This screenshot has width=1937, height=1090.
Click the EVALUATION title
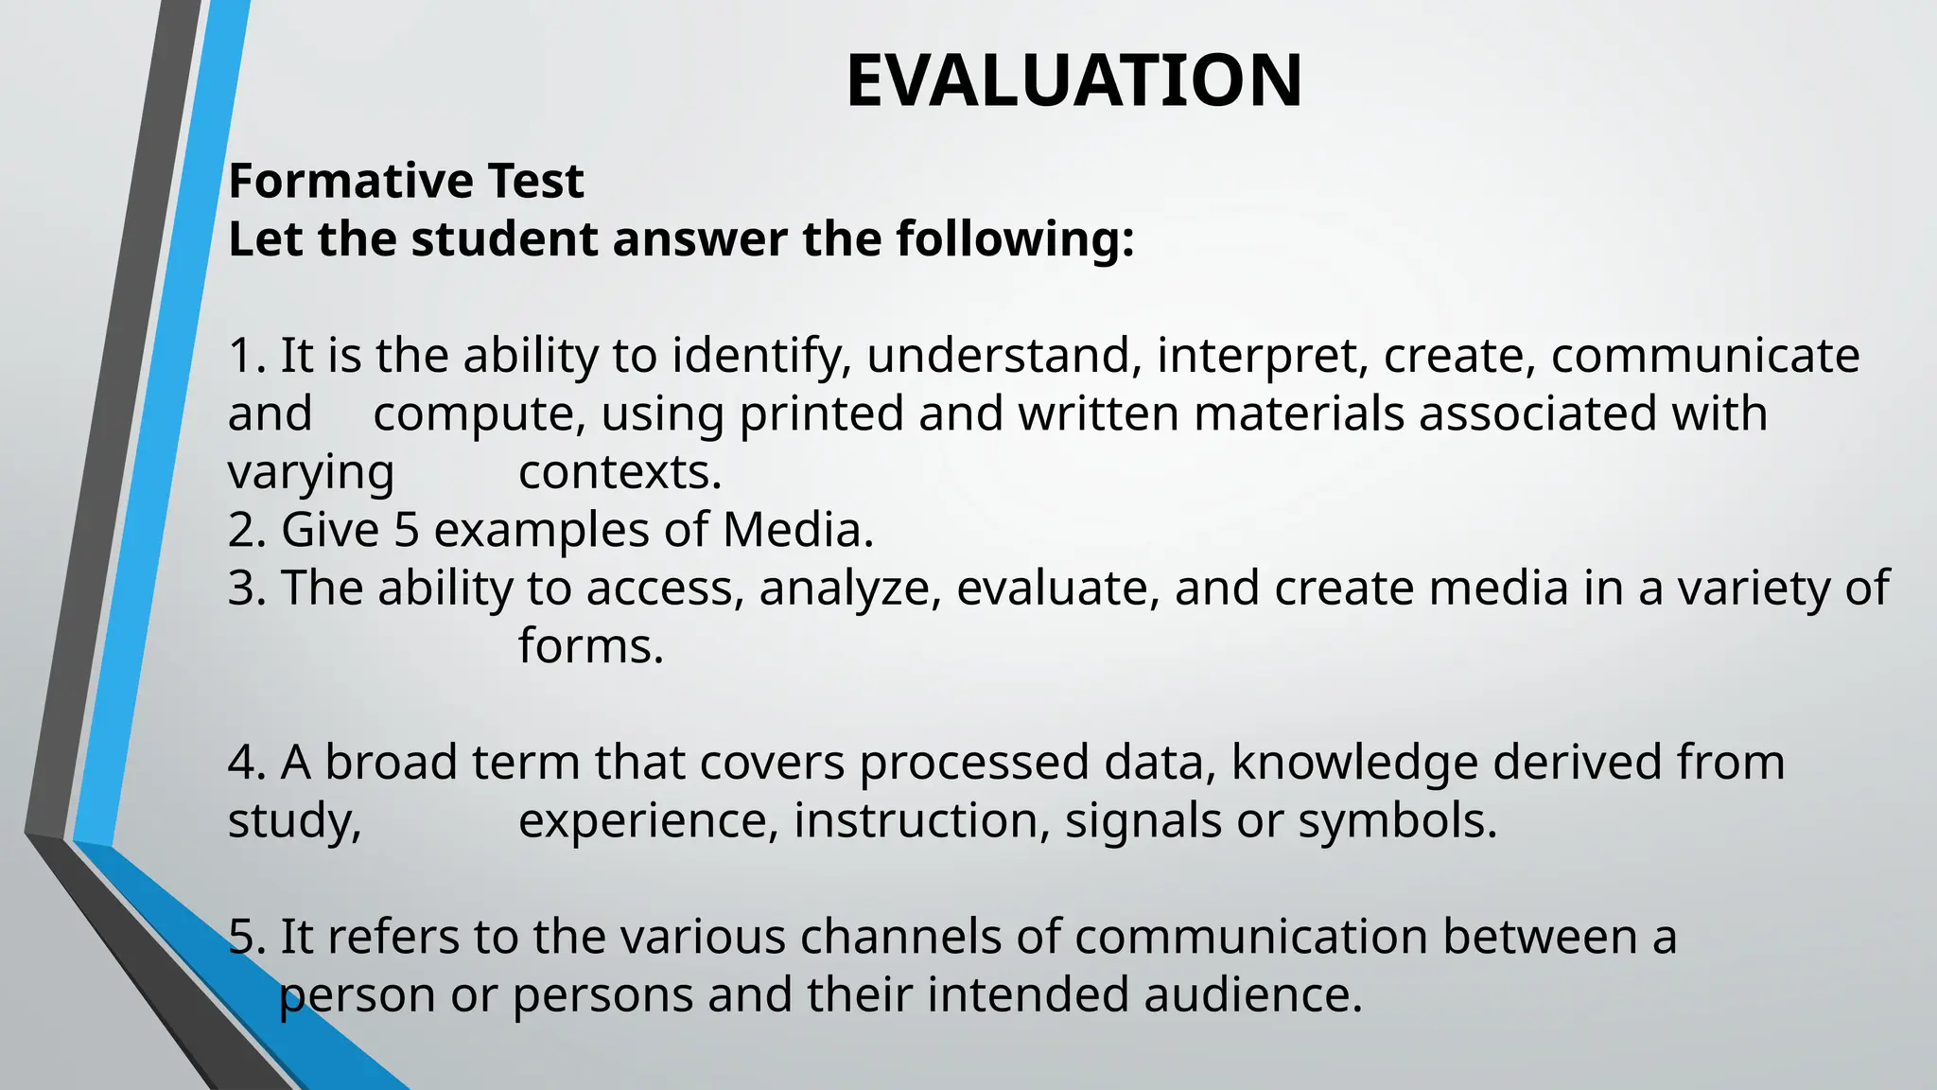pyautogui.click(x=1073, y=81)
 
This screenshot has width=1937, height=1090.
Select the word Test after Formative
pyautogui.click(x=535, y=181)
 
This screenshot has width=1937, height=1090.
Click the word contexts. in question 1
pyautogui.click(x=619, y=472)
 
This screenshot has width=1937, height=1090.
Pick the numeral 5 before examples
pyautogui.click(x=406, y=530)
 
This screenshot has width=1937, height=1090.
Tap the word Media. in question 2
pyautogui.click(x=798, y=530)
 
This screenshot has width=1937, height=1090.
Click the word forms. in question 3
pyautogui.click(x=591, y=646)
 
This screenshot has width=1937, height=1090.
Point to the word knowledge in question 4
pyautogui.click(x=1354, y=763)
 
